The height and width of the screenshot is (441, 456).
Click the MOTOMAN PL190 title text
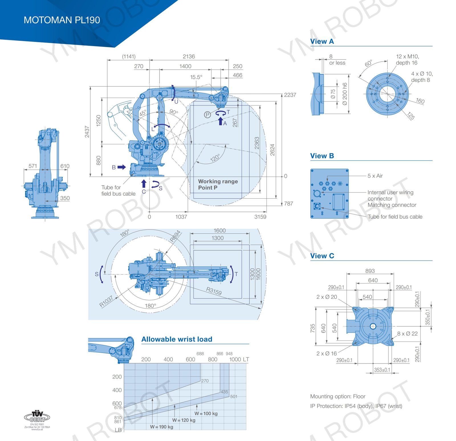click(62, 20)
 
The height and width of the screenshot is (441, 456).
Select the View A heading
click(322, 42)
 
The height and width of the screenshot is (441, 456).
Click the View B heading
click(322, 156)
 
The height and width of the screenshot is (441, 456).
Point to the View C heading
click(322, 256)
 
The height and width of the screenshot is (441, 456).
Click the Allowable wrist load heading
click(177, 339)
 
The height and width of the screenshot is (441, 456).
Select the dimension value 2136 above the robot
click(189, 56)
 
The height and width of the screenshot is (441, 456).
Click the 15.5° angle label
click(196, 77)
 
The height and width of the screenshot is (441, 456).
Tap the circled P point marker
click(207, 115)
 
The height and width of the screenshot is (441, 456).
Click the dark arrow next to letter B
click(122, 167)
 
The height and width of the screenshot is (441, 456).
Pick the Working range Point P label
click(218, 184)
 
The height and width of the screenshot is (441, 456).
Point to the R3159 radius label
click(214, 291)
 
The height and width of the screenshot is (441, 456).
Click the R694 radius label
click(175, 236)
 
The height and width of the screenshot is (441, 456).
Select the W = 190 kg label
click(162, 427)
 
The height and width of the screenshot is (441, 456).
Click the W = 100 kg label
click(206, 413)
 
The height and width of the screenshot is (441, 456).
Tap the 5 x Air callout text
click(375, 176)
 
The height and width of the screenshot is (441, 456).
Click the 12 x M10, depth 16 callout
click(407, 60)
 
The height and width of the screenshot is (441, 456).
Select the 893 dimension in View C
click(370, 271)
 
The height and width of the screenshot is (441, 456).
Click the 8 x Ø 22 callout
click(407, 334)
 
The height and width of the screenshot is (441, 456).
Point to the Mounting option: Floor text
click(338, 396)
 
